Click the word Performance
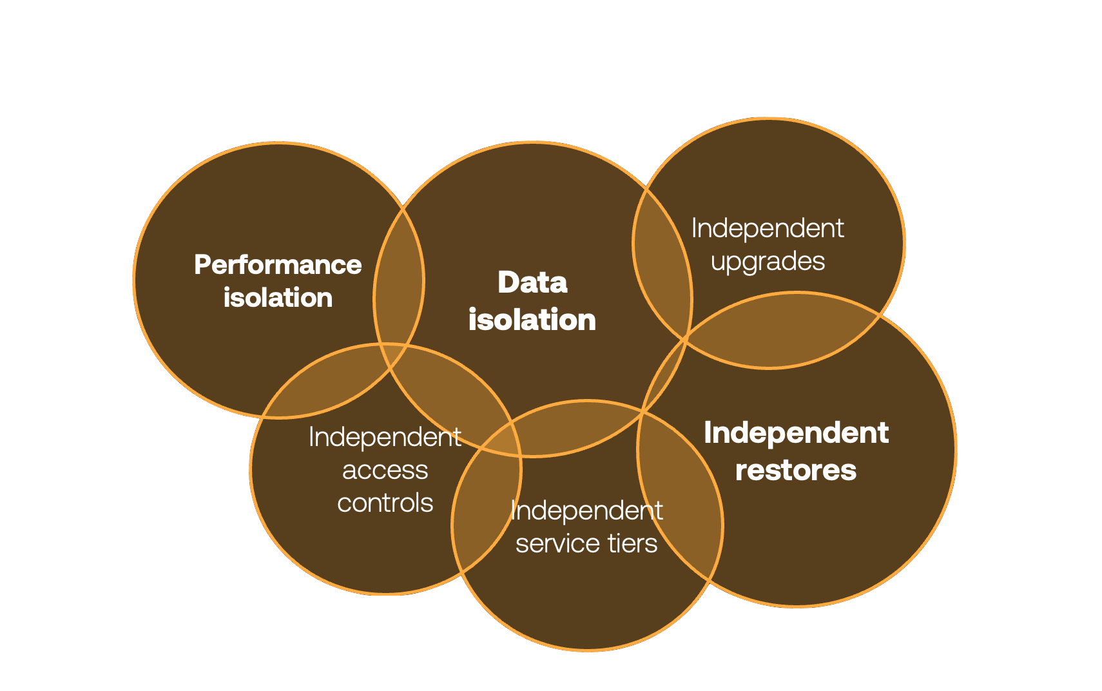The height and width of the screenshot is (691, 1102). (278, 265)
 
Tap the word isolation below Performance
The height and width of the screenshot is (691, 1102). (278, 298)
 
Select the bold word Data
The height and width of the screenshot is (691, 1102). (532, 282)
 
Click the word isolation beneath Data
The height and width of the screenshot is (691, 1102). (532, 320)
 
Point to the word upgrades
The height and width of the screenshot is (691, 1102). (768, 262)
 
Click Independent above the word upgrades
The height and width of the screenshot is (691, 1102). (768, 228)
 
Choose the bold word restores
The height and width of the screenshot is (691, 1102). (796, 470)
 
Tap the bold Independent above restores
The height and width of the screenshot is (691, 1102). (796, 433)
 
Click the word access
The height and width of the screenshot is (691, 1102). (385, 470)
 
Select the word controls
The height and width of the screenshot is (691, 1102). (385, 503)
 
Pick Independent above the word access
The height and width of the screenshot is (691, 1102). (385, 437)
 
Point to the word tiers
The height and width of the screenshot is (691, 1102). (633, 543)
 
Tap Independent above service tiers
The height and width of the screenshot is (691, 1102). (586, 511)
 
